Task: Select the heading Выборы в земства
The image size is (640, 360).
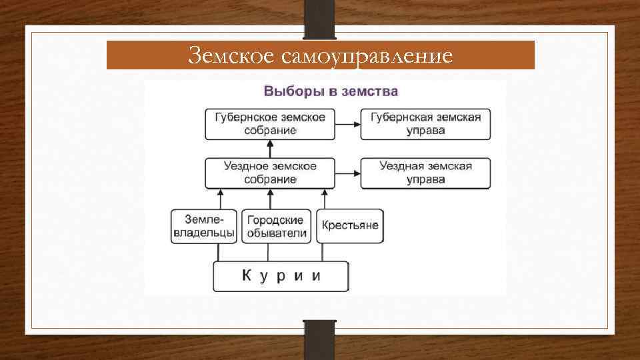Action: [x=331, y=91]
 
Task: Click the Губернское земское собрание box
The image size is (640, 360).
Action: [x=270, y=123]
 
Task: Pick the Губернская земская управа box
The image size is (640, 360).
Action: [x=425, y=123]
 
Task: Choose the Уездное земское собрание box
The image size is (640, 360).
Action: [x=270, y=173]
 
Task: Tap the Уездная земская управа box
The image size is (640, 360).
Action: [x=425, y=173]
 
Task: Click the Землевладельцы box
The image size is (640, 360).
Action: [x=204, y=226]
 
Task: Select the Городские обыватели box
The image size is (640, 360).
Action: [x=277, y=226]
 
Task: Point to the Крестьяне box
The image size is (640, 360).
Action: [x=349, y=225]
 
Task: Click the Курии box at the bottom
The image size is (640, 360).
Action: [x=281, y=276]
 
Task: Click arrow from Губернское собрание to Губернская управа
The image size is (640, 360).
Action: [x=347, y=123]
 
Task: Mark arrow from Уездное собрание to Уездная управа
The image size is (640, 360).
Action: [x=347, y=173]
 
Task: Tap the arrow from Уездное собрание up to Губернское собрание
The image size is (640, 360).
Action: [x=270, y=149]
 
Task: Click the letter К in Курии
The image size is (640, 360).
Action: [x=245, y=275]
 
